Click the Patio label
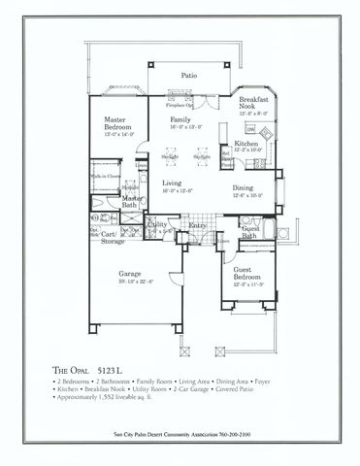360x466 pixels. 190,74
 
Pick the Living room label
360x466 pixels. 173,183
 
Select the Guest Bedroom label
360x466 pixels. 248,275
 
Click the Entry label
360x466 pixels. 198,225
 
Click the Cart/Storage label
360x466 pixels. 110,236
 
